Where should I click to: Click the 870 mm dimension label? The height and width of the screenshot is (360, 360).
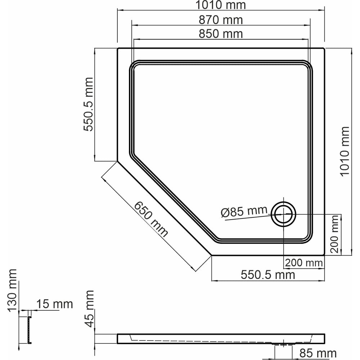point(221,20)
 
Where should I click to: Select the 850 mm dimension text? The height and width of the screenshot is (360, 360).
point(221,34)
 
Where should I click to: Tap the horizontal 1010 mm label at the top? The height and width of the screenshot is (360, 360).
point(221,5)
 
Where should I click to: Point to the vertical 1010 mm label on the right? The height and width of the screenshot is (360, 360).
point(345,152)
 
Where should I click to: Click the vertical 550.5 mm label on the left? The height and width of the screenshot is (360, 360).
point(88,104)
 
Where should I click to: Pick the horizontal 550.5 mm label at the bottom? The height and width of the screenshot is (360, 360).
point(268,275)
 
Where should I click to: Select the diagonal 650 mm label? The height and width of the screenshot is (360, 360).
point(151,219)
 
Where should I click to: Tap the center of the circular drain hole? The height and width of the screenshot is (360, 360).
point(283,214)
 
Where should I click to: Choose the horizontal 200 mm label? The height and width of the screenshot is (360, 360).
point(304,263)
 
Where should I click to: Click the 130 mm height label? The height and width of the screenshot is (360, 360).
point(12,290)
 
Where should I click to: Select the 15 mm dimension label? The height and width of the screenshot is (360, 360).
point(55,304)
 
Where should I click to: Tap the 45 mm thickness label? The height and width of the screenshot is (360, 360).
point(89,309)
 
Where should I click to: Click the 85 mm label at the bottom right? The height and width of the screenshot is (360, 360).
point(318,353)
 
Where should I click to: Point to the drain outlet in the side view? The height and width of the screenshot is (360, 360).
point(283,344)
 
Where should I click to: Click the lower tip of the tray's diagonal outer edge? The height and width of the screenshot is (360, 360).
point(211,255)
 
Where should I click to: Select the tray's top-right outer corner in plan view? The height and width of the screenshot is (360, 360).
point(324,49)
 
